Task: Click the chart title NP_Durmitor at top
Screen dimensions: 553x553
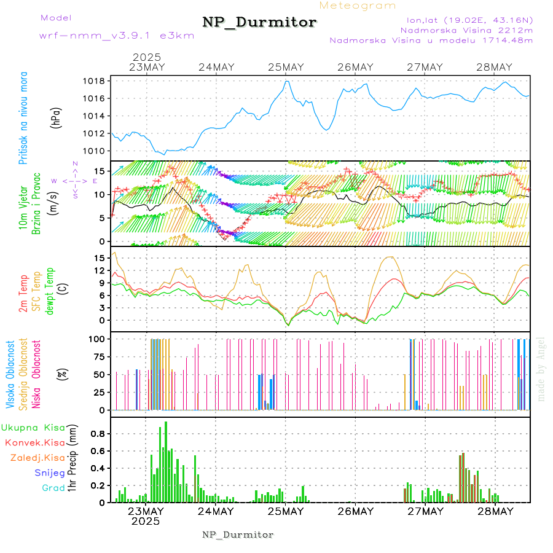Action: (259, 23)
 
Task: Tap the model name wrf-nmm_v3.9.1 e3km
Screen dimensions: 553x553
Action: (117, 35)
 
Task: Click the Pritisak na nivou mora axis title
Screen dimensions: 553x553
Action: (23, 118)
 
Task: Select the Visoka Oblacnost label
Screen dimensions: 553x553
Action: (11, 375)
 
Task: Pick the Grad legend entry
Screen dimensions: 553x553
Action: (53, 488)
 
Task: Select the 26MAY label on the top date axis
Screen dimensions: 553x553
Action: (355, 68)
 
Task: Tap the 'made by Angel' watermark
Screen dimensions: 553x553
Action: (541, 369)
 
